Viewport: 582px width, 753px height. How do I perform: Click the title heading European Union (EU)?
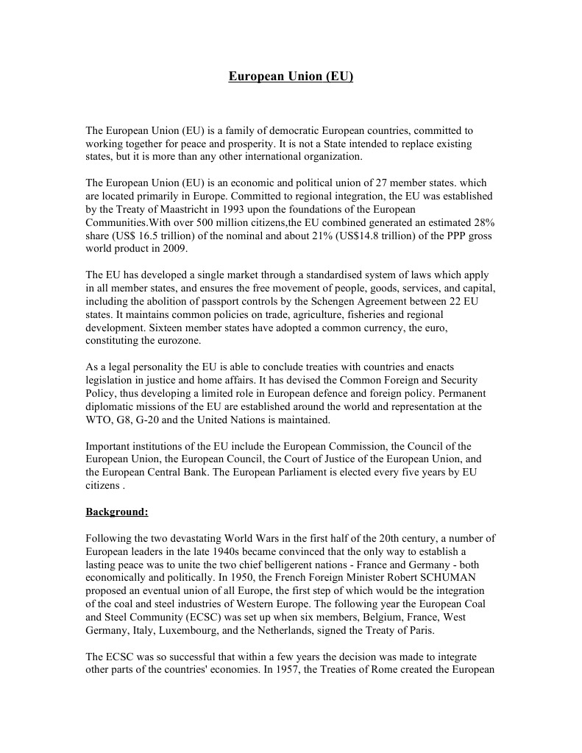[291, 76]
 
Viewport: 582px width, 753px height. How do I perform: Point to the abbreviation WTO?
[99, 420]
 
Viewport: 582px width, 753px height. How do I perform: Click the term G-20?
[157, 420]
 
